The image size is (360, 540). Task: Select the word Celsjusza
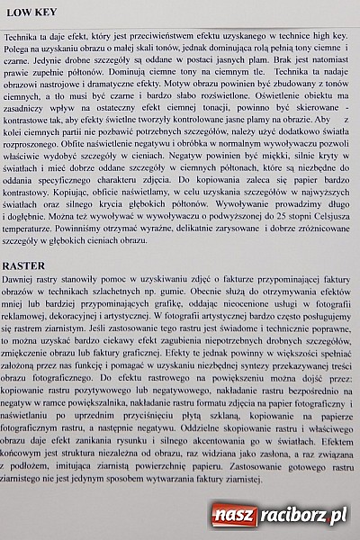pos(314,219)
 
